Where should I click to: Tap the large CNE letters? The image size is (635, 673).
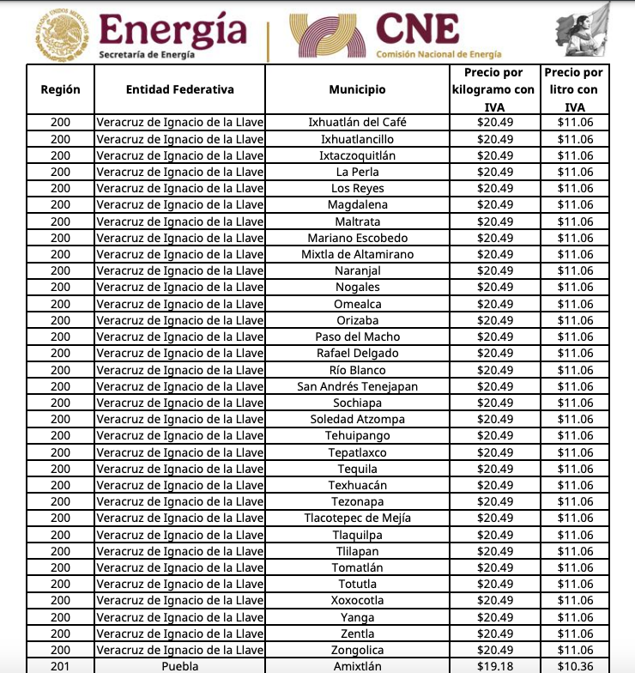(418, 28)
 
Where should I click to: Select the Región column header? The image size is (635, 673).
(60, 89)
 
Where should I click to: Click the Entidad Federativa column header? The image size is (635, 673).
(179, 89)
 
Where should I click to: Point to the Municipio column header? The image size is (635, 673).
(357, 89)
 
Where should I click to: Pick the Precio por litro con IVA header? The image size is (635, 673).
(574, 89)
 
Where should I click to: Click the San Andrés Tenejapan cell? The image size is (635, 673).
(357, 386)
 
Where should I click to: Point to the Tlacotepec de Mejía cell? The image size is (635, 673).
(357, 518)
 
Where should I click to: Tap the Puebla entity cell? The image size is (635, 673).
(179, 666)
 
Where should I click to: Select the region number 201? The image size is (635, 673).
(60, 666)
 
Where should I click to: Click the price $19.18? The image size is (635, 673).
(495, 666)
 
